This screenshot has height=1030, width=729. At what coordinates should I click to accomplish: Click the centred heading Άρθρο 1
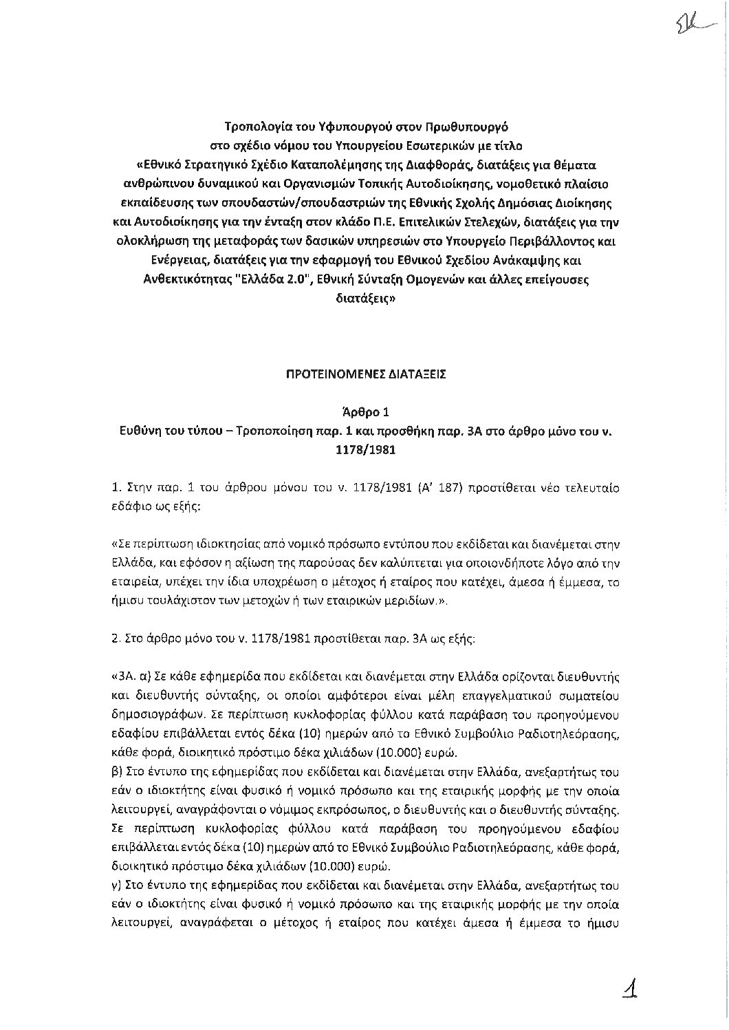[364, 413]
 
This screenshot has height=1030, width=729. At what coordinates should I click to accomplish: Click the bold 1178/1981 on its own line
[364, 451]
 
